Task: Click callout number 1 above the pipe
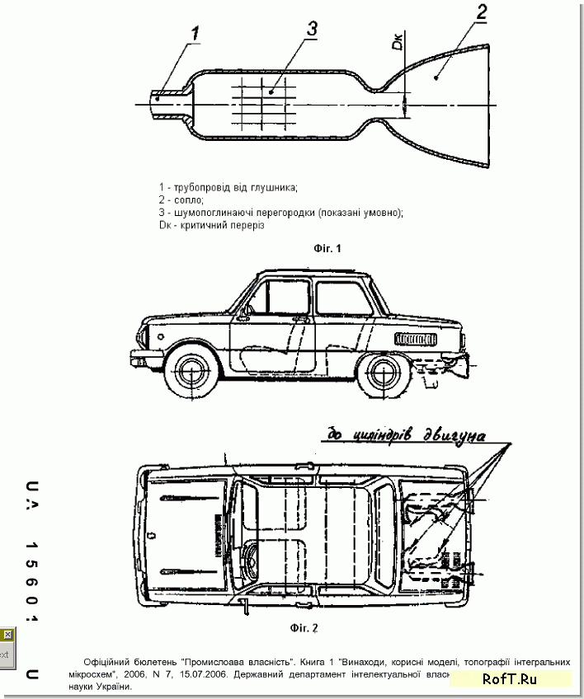click(x=195, y=34)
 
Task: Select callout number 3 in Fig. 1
click(x=312, y=26)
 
